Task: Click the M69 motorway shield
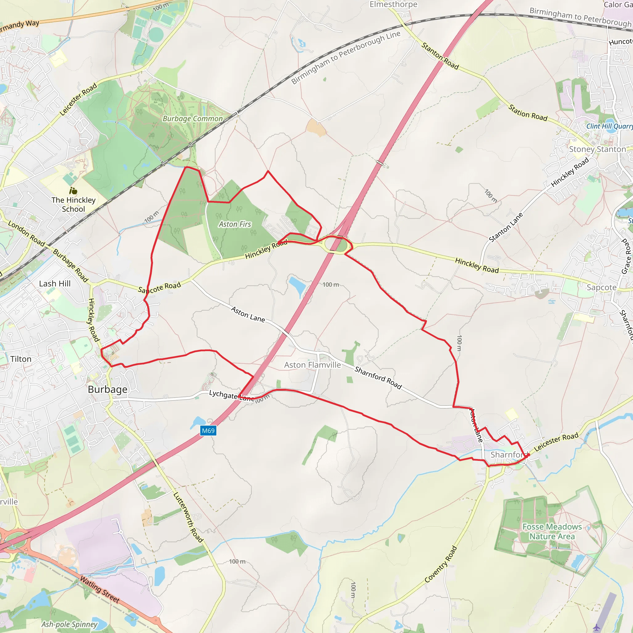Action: pos(208,431)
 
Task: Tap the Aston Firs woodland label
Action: pos(235,224)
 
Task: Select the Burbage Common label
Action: pos(193,119)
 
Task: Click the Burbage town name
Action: pos(108,389)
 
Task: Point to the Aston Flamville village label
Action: pos(312,365)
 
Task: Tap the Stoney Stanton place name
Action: pos(597,149)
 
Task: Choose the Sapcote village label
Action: pos(601,287)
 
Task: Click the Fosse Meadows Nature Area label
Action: pos(552,531)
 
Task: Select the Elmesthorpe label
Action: pos(393,4)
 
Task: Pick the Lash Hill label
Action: pos(55,283)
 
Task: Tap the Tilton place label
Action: pos(21,359)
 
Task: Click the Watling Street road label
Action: pos(100,590)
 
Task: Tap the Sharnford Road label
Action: pos(378,378)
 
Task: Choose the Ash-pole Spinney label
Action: pos(69,624)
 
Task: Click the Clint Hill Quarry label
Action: pos(609,126)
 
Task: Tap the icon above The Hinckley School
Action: pos(73,191)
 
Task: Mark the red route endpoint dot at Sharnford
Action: pos(528,455)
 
